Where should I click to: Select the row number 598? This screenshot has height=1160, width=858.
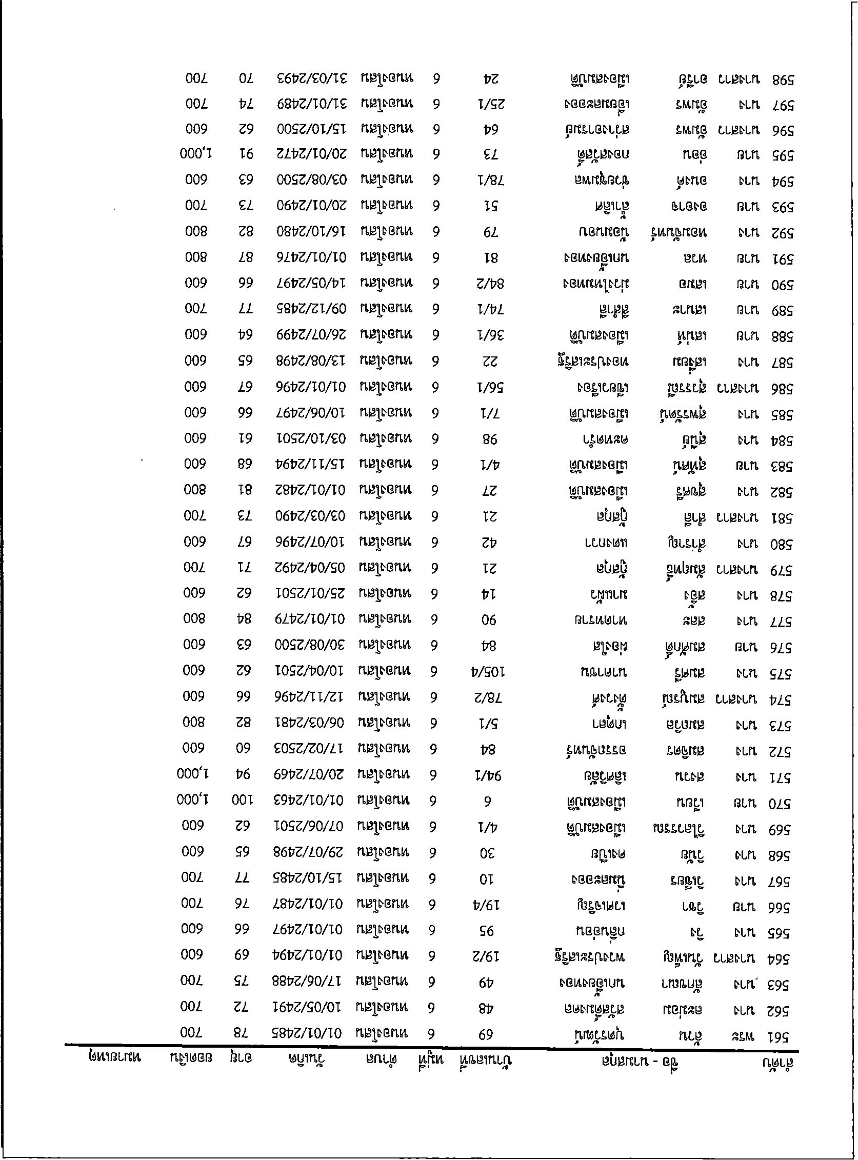[783, 81]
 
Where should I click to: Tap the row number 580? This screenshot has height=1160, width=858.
[781, 544]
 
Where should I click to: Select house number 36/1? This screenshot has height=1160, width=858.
[493, 336]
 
